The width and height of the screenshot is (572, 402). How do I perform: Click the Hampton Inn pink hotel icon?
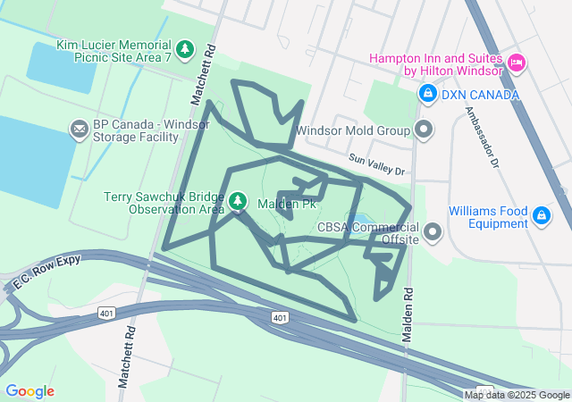point(516,62)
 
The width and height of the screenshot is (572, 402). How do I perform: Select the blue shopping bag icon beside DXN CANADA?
point(428,93)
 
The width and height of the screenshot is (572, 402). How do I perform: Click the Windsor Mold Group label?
point(352,130)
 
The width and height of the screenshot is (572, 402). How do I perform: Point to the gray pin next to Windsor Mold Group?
point(425,130)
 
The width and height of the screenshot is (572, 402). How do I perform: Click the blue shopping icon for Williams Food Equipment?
point(541,215)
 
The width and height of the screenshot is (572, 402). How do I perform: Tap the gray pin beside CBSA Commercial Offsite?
point(433,233)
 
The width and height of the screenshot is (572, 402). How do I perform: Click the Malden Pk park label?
point(286,205)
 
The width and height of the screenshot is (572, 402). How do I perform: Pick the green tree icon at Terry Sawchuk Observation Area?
point(238,202)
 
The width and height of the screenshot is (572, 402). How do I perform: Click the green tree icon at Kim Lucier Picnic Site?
point(185,48)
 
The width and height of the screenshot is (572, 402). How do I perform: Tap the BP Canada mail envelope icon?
point(80,131)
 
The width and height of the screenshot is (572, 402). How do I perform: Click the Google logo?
point(29,391)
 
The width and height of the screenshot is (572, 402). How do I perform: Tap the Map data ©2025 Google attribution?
point(517,395)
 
